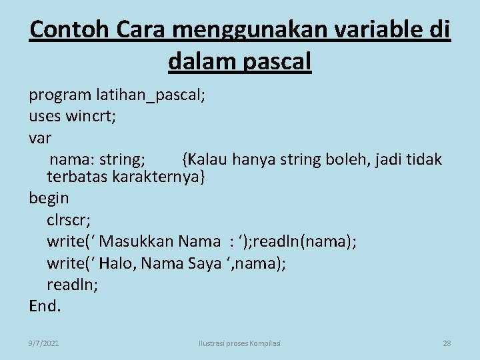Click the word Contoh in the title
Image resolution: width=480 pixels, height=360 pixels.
[63, 30]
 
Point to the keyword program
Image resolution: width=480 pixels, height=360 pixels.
[59, 95]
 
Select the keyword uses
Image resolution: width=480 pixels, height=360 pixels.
[45, 117]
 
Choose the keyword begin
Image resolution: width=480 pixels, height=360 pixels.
[49, 198]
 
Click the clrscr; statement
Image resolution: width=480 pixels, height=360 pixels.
[69, 219]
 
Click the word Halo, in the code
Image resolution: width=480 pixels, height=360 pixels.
[118, 263]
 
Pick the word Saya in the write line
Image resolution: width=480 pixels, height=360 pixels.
[204, 263]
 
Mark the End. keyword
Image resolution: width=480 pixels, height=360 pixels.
[45, 306]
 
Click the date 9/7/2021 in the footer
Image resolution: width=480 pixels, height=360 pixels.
[43, 343]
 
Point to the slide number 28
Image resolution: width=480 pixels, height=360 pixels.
[447, 343]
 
